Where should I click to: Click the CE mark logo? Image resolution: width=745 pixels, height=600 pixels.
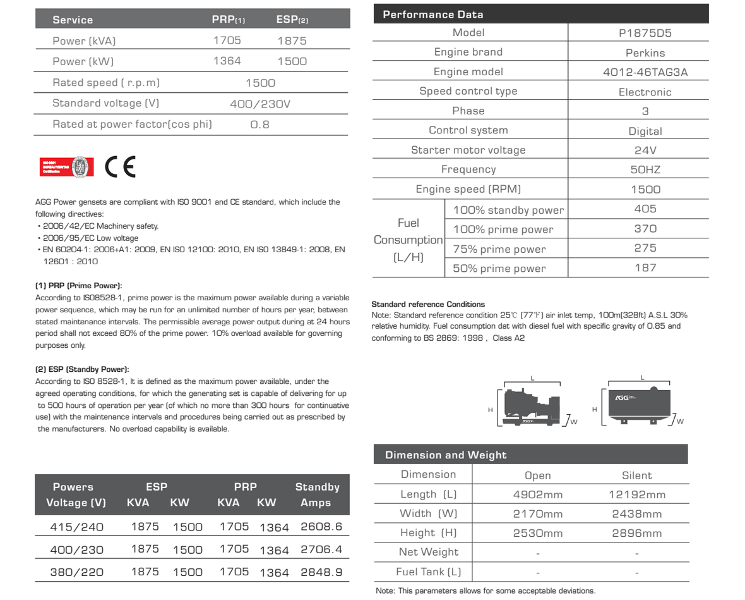[x=120, y=166]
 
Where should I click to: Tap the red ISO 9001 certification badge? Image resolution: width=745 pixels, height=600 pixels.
[x=66, y=167]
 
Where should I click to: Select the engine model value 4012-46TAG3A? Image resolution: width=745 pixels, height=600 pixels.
[x=645, y=72]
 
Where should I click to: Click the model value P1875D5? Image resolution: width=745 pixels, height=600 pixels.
[x=645, y=33]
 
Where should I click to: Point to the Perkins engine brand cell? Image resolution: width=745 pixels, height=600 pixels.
[x=645, y=53]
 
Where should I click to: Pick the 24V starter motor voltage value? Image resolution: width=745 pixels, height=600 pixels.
[x=645, y=150]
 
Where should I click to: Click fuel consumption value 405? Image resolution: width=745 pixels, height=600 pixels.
[x=645, y=209]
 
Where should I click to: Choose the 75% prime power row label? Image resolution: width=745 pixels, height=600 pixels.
[x=499, y=249]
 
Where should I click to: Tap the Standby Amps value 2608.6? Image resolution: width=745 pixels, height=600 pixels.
[x=321, y=527]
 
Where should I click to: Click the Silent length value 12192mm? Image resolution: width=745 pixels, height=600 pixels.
[x=636, y=494]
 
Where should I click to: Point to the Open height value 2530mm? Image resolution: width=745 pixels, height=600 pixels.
[x=537, y=533]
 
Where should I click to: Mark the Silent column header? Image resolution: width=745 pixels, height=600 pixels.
[x=636, y=475]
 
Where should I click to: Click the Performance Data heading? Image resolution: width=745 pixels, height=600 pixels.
[x=433, y=15]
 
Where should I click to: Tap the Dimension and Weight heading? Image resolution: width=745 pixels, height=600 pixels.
[x=446, y=455]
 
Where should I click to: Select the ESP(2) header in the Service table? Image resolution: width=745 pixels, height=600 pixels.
[x=292, y=20]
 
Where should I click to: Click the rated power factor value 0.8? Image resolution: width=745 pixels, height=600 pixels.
[x=259, y=125]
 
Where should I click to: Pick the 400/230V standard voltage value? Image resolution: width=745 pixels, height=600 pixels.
[x=259, y=104]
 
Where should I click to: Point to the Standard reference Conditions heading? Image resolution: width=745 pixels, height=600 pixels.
[x=428, y=305]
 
